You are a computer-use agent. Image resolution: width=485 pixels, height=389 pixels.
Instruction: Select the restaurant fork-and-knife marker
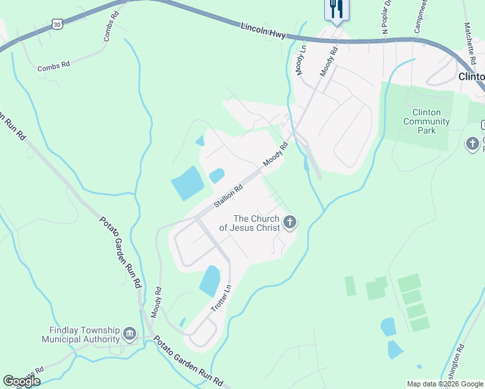336,9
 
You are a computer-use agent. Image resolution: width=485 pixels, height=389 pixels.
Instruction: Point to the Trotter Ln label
222,300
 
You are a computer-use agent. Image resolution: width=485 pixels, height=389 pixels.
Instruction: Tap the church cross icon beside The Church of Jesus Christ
290,223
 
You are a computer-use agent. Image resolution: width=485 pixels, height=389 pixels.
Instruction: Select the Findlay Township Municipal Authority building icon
130,335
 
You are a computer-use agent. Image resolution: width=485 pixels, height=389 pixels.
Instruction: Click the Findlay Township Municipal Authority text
81,335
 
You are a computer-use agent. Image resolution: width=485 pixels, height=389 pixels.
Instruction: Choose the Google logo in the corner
22,381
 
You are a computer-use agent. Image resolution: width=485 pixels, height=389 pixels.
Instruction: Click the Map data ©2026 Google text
445,384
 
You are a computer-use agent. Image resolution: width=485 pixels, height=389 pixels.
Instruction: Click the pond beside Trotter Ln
210,281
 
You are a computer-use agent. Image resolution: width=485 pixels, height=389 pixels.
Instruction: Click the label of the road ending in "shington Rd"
455,360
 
